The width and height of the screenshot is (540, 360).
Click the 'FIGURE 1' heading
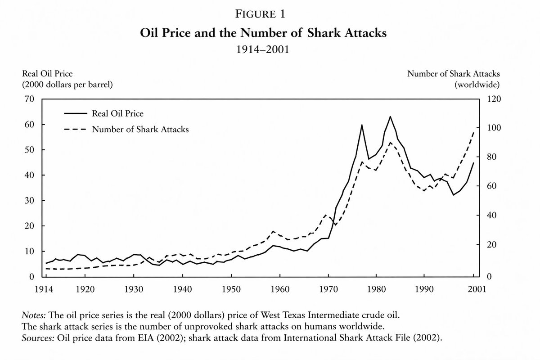pos(270,14)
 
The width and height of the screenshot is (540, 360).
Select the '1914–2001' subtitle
pos(270,49)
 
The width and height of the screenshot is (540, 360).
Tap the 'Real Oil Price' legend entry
pos(117,113)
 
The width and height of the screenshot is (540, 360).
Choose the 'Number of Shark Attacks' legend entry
pos(140,130)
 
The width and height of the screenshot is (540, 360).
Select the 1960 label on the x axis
pos(279,289)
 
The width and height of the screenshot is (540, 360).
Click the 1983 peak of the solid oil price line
pos(390,117)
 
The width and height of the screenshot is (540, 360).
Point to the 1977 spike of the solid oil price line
pos(361,125)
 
